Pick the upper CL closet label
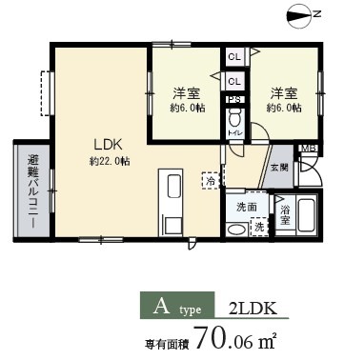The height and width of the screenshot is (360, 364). (233, 58)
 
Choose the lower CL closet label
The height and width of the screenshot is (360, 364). (233, 82)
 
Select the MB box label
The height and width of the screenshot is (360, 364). (308, 149)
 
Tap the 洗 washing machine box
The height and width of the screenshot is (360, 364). (257, 227)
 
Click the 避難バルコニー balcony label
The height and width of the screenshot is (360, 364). (30, 187)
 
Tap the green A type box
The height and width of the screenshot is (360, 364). (177, 308)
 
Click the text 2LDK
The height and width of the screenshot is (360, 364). (253, 309)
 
